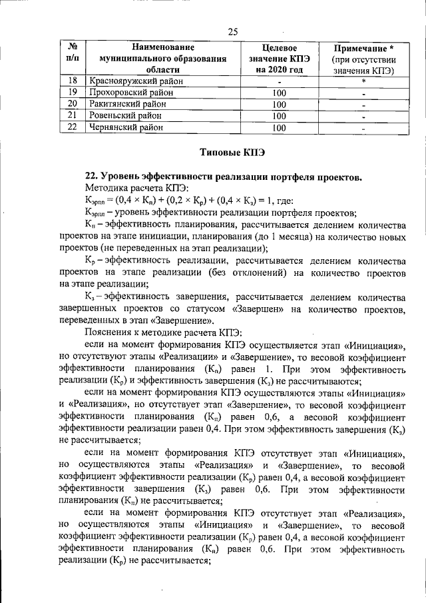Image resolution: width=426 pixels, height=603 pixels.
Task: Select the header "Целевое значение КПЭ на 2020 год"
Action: pyautogui.click(x=279, y=59)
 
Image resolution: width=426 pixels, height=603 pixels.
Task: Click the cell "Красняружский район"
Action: pyautogui.click(x=133, y=81)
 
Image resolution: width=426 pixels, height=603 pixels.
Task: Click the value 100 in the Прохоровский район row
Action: pyautogui.click(x=279, y=93)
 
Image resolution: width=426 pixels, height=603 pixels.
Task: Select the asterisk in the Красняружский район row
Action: pyautogui.click(x=363, y=81)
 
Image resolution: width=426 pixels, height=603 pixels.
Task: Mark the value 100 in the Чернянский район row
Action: pyautogui.click(x=279, y=127)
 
